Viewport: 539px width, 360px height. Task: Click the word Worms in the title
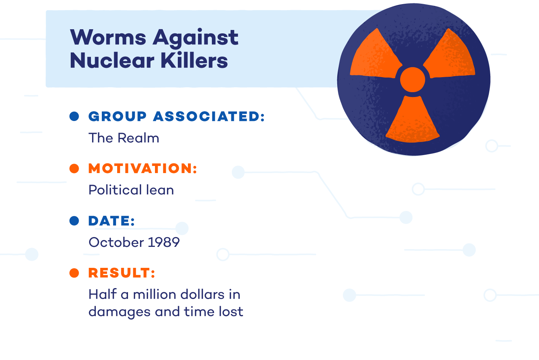tap(108, 38)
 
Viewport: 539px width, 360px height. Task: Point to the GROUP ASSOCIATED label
tap(177, 117)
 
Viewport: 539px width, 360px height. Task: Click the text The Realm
tap(124, 138)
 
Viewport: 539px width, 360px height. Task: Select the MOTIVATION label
tap(143, 169)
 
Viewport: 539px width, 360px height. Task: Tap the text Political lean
tap(131, 190)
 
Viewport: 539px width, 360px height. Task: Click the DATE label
tap(112, 221)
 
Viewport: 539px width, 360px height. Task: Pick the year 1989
tap(164, 242)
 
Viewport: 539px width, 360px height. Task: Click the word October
tap(116, 242)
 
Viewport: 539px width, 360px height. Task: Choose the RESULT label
tap(122, 273)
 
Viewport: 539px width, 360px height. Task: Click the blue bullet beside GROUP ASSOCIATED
tap(74, 117)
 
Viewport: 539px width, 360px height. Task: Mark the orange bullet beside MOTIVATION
tap(74, 169)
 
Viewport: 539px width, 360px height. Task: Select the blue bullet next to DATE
tap(74, 221)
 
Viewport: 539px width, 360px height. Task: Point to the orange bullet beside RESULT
tap(74, 273)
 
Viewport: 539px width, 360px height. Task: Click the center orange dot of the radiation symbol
tap(412, 79)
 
